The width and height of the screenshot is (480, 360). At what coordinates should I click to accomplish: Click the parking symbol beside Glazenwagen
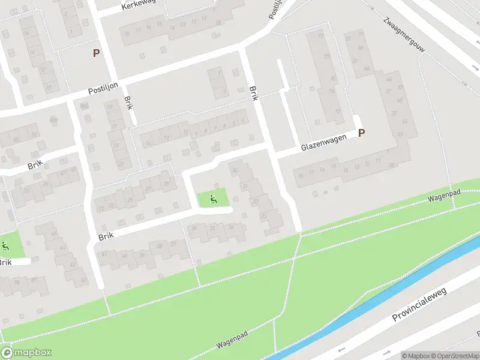pos(361,133)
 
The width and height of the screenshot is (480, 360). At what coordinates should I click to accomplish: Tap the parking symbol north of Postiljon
pos(96,53)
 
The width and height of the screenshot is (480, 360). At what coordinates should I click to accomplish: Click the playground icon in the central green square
pos(212,199)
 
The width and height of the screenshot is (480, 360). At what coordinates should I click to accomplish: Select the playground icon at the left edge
pos(5,245)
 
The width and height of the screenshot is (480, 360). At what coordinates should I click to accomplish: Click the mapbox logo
pos(26,353)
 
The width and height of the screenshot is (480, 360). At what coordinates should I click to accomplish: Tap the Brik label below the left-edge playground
pos(5,262)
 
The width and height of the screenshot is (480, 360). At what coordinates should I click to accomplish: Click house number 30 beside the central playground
pos(244,187)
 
